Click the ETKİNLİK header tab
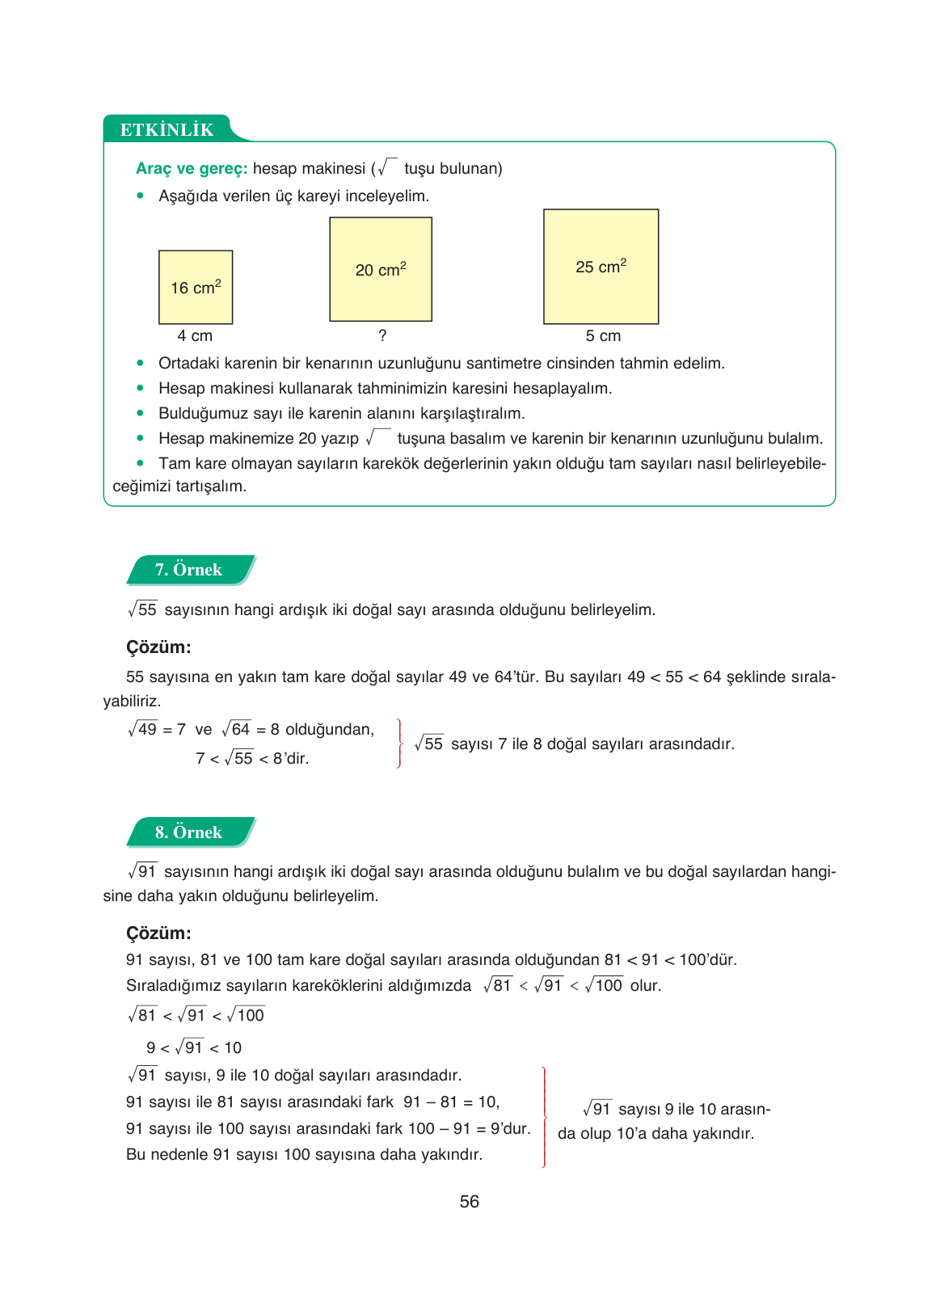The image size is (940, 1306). pyautogui.click(x=167, y=129)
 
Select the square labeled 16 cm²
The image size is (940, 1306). pyautogui.click(x=196, y=287)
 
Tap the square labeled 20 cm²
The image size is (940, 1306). pyautogui.click(x=381, y=269)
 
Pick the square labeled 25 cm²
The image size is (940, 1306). pyautogui.click(x=601, y=267)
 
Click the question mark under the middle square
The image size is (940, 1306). pyautogui.click(x=382, y=335)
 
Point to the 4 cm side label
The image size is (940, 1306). pyautogui.click(x=195, y=335)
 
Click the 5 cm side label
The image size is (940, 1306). pyautogui.click(x=603, y=335)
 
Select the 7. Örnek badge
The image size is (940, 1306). pyautogui.click(x=189, y=570)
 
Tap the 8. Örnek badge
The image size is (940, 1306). pyautogui.click(x=189, y=832)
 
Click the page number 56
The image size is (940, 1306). pyautogui.click(x=469, y=1202)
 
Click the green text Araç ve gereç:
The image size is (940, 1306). pyautogui.click(x=192, y=168)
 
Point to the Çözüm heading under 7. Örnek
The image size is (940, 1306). pyautogui.click(x=158, y=647)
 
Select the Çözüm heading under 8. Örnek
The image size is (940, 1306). pyautogui.click(x=158, y=933)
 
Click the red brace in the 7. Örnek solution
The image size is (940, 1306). pyautogui.click(x=399, y=743)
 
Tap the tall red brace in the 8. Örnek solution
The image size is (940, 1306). pyautogui.click(x=544, y=1117)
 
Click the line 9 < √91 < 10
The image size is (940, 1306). pyautogui.click(x=194, y=1047)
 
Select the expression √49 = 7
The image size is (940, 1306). pyautogui.click(x=157, y=729)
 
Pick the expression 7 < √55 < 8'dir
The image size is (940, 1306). pyautogui.click(x=252, y=758)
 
